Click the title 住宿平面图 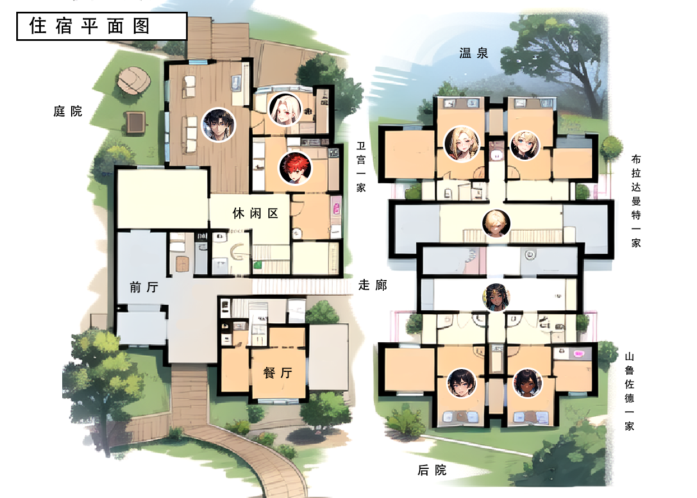pyautogui.click(x=90, y=26)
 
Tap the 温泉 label pyautogui.click(x=473, y=53)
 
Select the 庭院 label pyautogui.click(x=68, y=111)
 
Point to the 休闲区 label pyautogui.click(x=255, y=213)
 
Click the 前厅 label pyautogui.click(x=144, y=287)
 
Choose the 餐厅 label pyautogui.click(x=277, y=373)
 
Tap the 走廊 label pyautogui.click(x=373, y=285)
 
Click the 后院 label pyautogui.click(x=432, y=469)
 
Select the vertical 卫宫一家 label pyautogui.click(x=361, y=167)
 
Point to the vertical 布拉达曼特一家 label pyautogui.click(x=636, y=201)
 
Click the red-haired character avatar pyautogui.click(x=295, y=168)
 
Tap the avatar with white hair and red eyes pyautogui.click(x=285, y=109)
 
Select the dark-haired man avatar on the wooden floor pyautogui.click(x=219, y=125)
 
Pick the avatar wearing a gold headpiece pyautogui.click(x=496, y=297)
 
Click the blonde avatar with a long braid pyautogui.click(x=462, y=144)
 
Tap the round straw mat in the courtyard pyautogui.click(x=134, y=80)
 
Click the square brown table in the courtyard pyautogui.click(x=136, y=122)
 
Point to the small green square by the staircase pyautogui.click(x=257, y=266)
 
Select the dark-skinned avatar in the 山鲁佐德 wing pyautogui.click(x=527, y=383)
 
